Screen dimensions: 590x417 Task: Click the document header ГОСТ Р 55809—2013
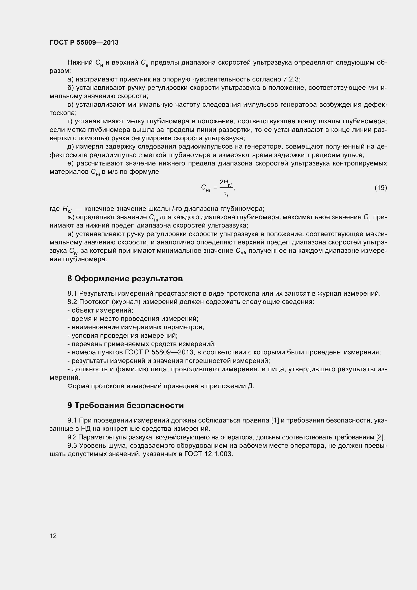[x=84, y=42]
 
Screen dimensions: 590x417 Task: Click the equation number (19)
[x=380, y=188]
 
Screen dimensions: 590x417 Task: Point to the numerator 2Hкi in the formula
[x=226, y=183]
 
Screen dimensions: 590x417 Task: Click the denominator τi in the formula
[x=226, y=194]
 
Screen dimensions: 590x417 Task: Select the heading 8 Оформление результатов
[x=125, y=278]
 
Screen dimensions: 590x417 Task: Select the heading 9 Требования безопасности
[x=126, y=405]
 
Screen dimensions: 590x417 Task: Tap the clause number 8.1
[x=72, y=293]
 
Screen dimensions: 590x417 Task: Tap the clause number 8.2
[x=72, y=302]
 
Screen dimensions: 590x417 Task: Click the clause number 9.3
[x=72, y=445]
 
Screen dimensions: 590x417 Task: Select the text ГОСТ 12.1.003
[x=209, y=454]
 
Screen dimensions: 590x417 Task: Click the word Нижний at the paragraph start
[x=80, y=63]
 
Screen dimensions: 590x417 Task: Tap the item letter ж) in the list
[x=71, y=217]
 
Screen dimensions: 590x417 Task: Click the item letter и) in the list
[x=71, y=234]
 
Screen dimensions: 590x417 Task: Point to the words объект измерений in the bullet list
[x=102, y=311]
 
